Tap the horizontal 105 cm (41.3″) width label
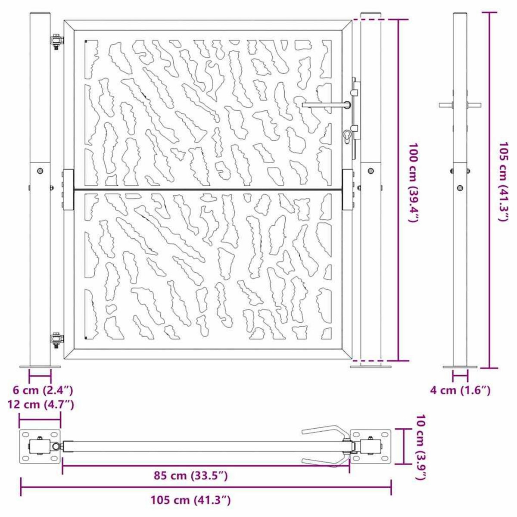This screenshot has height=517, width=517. click(190, 500)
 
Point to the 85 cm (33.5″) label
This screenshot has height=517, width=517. click(190, 476)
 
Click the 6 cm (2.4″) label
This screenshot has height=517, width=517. click(42, 390)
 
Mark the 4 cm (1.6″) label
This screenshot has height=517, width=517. click(460, 390)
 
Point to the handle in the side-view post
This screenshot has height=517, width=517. click(460, 105)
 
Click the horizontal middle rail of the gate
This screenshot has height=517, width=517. click(207, 189)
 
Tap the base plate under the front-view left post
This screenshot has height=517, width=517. click(40, 367)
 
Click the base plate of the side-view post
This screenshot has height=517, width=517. click(460, 367)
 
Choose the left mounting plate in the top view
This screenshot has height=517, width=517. click(40, 446)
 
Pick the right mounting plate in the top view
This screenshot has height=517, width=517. click(371, 446)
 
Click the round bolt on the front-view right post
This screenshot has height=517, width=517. click(371, 171)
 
